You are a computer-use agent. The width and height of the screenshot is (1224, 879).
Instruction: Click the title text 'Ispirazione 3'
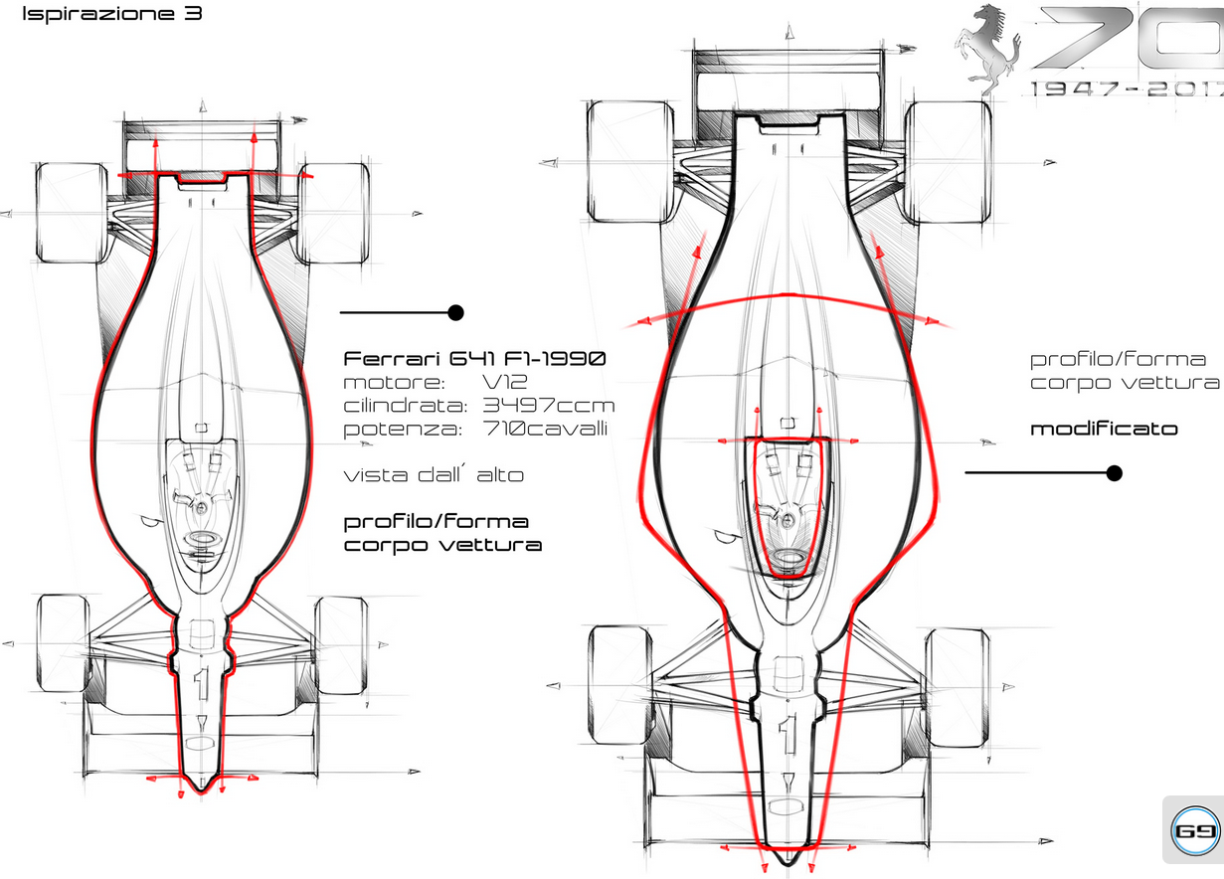(110, 15)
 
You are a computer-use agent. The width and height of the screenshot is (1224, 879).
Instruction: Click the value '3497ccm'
(549, 406)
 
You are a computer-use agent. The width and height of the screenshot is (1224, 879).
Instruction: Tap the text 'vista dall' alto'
(434, 475)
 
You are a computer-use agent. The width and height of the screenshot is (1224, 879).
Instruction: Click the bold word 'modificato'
(1104, 430)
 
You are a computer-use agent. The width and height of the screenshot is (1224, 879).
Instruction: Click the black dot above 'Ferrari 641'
(456, 313)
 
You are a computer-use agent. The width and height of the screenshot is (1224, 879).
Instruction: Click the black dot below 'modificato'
(1114, 473)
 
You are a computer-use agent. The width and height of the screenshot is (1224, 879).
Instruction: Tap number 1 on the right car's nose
(787, 734)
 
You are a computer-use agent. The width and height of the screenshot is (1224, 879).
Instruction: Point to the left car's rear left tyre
(72, 213)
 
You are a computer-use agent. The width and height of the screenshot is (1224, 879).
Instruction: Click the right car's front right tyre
(957, 687)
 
